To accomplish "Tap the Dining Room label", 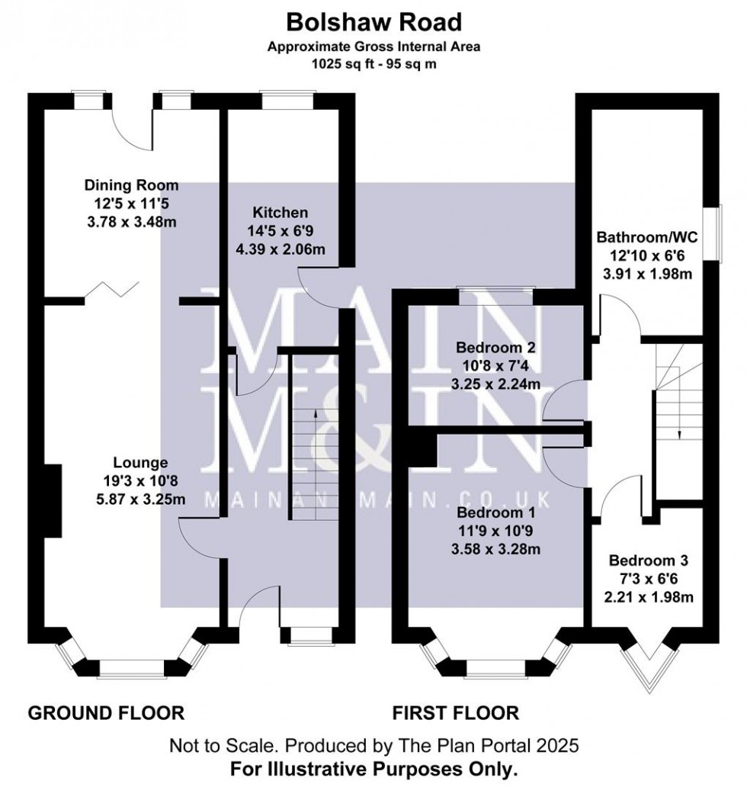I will (x=131, y=185).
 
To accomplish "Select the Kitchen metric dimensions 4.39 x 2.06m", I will (x=281, y=249).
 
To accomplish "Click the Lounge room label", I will (x=140, y=462).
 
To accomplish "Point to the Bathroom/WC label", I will (x=645, y=237).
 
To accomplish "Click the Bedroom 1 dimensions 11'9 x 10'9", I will (x=495, y=528).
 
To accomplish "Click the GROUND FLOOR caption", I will (x=106, y=714).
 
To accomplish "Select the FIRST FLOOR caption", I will (x=455, y=714).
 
